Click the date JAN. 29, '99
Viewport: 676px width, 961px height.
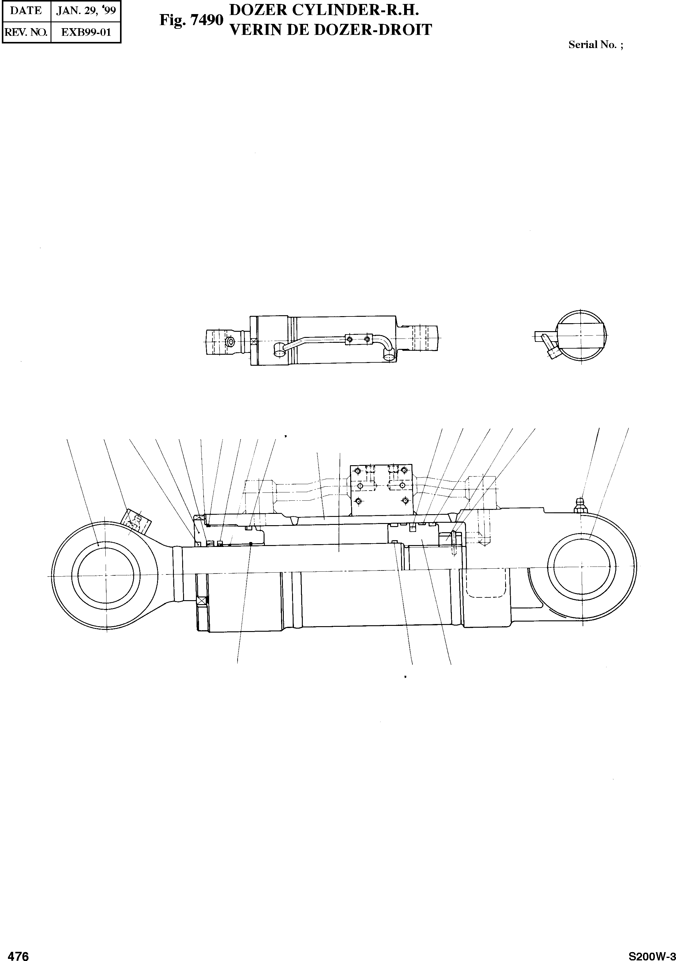[x=86, y=10]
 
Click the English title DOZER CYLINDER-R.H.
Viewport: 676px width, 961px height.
[x=325, y=10]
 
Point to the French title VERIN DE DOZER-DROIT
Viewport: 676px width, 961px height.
[x=331, y=30]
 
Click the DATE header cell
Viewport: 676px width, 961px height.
[x=26, y=10]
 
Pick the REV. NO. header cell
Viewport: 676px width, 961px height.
[x=26, y=32]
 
